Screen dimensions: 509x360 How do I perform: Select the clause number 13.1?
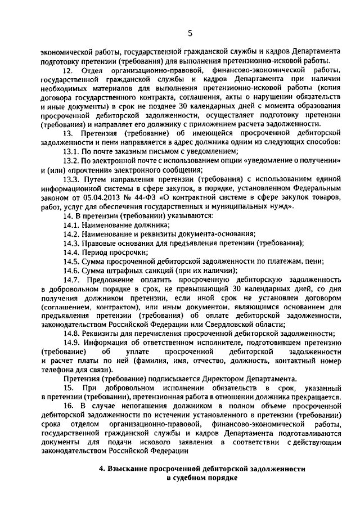(x=71, y=151)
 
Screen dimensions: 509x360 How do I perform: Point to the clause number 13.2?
(x=71, y=160)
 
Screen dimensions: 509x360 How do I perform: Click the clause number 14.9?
(x=71, y=343)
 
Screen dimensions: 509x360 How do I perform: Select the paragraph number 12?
(x=68, y=70)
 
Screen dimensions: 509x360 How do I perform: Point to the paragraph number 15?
(x=68, y=389)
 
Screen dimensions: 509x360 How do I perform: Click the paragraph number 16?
(x=68, y=406)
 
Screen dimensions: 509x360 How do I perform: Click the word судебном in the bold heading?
(x=193, y=478)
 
